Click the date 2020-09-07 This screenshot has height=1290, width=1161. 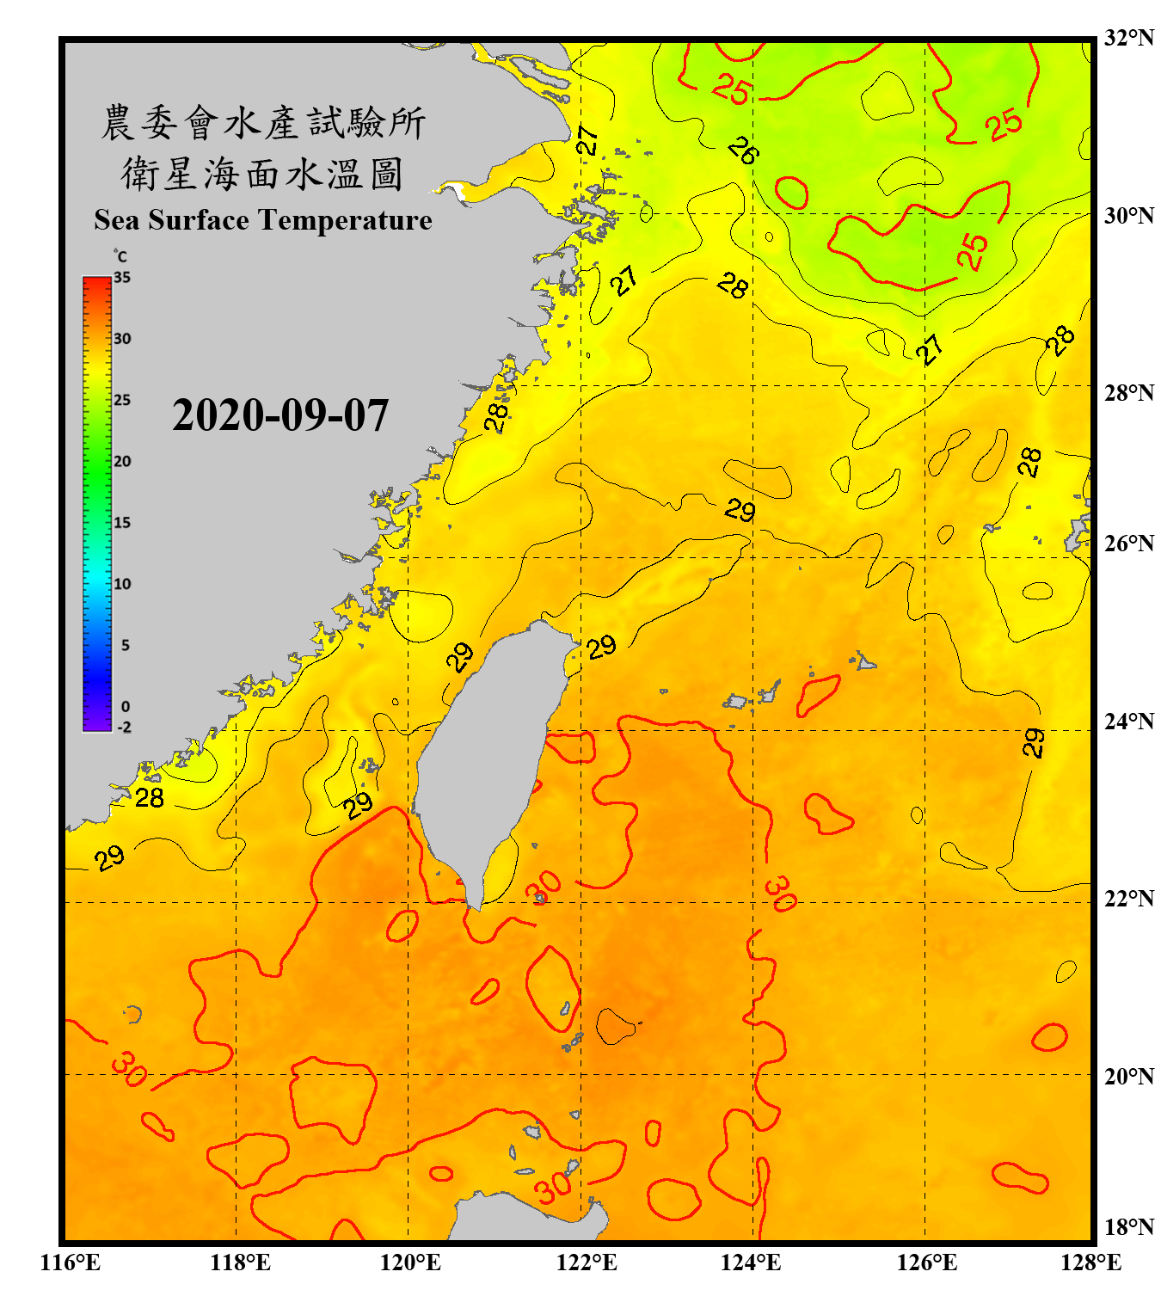tap(280, 415)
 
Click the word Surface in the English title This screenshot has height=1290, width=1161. tap(199, 220)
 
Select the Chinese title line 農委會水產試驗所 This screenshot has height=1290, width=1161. tap(263, 123)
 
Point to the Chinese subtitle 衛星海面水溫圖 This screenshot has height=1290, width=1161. tap(262, 174)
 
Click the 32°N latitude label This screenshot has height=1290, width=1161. tap(1128, 38)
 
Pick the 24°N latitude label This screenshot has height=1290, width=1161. tap(1128, 721)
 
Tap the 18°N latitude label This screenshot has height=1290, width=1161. tap(1128, 1227)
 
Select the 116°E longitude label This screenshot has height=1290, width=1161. tap(71, 1262)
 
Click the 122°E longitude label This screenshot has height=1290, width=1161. tap(587, 1262)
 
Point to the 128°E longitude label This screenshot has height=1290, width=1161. tap(1090, 1262)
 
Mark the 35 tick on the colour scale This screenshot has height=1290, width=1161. tap(122, 278)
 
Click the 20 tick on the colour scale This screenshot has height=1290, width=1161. tap(122, 462)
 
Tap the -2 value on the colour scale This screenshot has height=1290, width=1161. tap(124, 728)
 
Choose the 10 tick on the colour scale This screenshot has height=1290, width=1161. tap(122, 584)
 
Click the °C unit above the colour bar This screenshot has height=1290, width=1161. tap(120, 256)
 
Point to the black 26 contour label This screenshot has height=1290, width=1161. tap(743, 151)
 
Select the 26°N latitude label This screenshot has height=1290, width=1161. tap(1128, 544)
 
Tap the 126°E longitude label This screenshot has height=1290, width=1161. tap(926, 1262)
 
